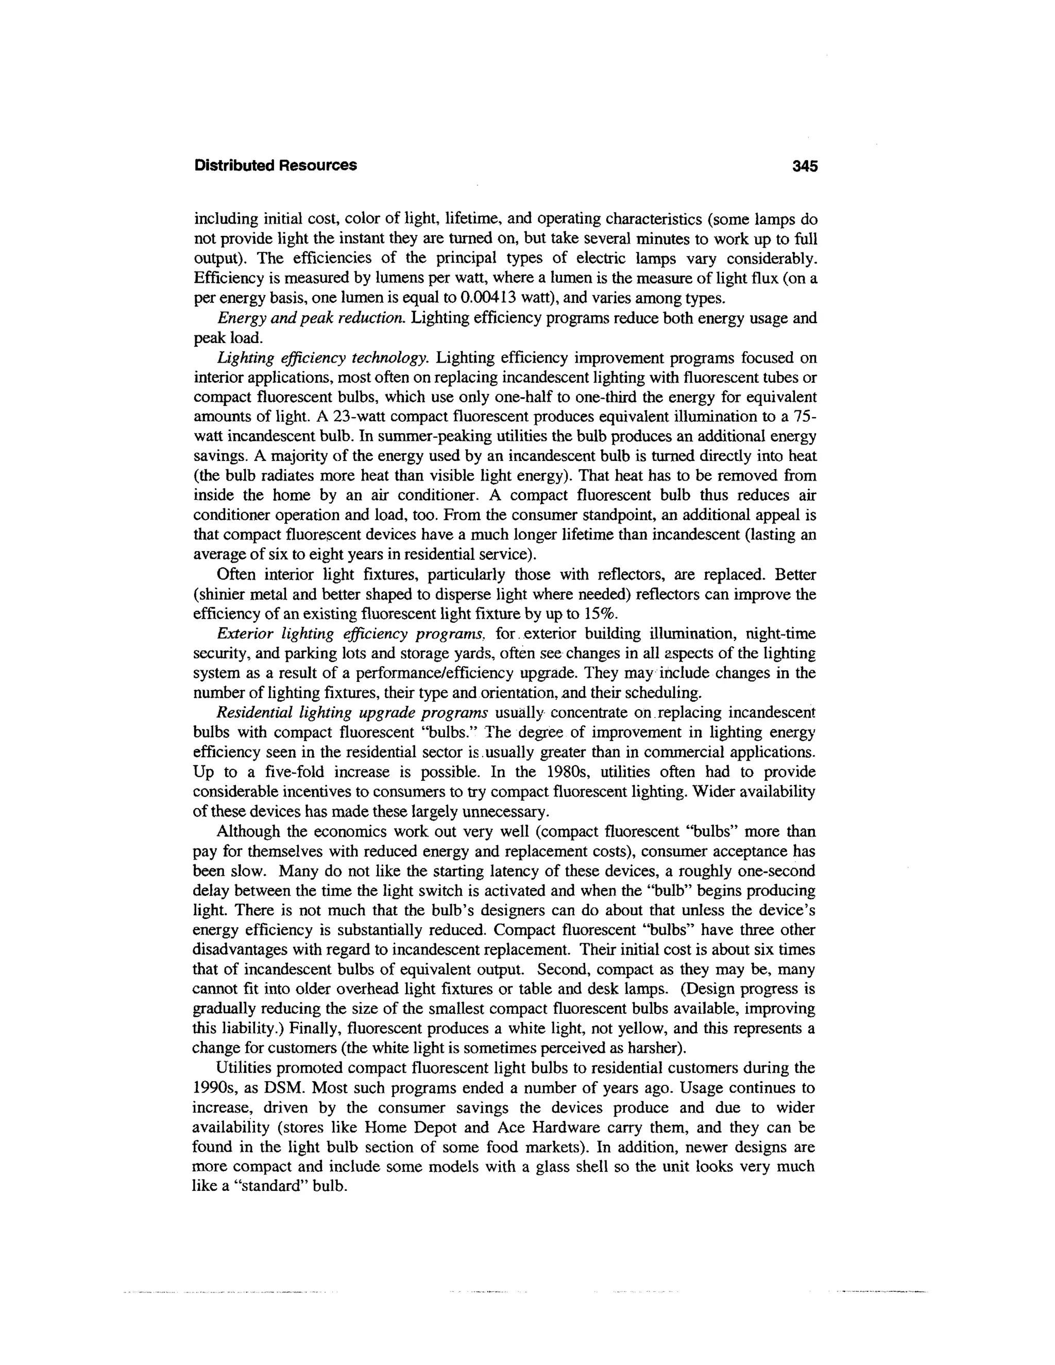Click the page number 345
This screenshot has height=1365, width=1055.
[x=804, y=166]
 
